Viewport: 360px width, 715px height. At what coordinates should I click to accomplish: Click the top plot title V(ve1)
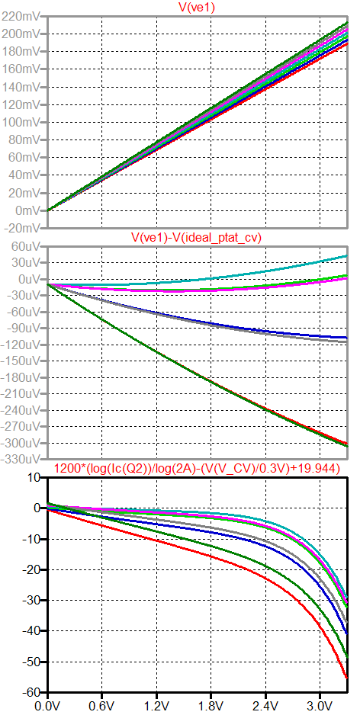pyautogui.click(x=198, y=7)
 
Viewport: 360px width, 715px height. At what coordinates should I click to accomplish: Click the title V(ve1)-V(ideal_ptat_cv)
pyautogui.click(x=196, y=238)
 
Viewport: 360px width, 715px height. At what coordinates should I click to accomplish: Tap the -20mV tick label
pyautogui.click(x=22, y=228)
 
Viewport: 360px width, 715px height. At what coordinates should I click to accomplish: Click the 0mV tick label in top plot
pyautogui.click(x=29, y=210)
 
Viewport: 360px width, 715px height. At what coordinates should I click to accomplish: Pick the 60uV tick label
pyautogui.click(x=26, y=246)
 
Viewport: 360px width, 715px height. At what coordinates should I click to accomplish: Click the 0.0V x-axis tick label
pyautogui.click(x=48, y=706)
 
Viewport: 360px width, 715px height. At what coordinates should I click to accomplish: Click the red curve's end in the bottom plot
pyautogui.click(x=347, y=678)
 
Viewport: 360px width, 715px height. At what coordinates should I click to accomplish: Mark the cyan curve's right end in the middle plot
pyautogui.click(x=347, y=256)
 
